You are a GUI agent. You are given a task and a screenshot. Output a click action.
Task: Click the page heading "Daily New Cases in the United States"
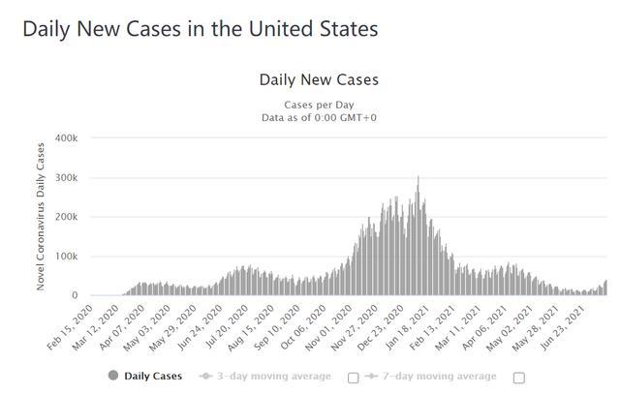(200, 28)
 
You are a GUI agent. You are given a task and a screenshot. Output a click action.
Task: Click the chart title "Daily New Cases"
(319, 79)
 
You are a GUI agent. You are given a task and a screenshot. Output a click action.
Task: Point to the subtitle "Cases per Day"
(319, 104)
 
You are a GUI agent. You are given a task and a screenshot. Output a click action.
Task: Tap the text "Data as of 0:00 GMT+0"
(319, 117)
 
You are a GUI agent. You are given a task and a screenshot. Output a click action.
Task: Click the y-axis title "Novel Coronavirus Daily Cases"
(41, 217)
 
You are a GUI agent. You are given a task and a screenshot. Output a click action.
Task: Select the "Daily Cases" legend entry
(146, 376)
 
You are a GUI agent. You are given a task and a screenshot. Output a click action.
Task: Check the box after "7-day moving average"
(518, 377)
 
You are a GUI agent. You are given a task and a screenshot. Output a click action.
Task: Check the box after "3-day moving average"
(353, 377)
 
